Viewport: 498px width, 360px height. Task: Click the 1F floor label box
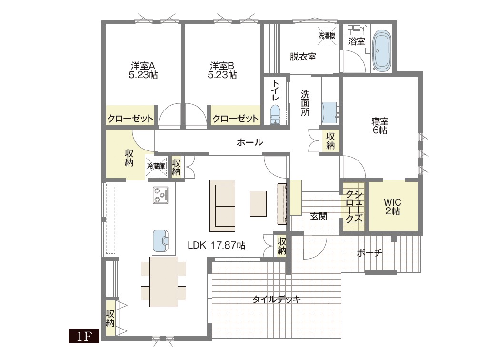point(84,336)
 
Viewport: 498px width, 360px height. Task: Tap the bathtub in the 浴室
point(382,51)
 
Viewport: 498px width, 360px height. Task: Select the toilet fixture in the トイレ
point(275,115)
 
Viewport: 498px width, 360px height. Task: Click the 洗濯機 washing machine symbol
point(327,36)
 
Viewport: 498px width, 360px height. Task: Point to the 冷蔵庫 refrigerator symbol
point(156,166)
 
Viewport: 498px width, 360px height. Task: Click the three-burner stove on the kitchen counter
point(160,195)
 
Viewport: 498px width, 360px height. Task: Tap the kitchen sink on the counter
point(160,240)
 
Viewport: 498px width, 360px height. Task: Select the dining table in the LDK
point(164,282)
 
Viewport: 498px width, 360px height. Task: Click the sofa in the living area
point(222,206)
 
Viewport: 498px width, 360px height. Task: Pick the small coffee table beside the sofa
point(258,204)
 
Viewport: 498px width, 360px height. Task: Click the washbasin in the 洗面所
point(330,113)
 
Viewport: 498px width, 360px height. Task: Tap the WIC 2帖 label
point(393,207)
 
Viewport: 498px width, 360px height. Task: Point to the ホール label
point(249,142)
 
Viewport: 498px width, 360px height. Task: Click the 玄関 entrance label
point(319,217)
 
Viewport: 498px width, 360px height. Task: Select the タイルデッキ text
point(276,300)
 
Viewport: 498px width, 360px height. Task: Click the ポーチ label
point(369,253)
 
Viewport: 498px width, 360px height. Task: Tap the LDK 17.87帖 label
point(216,245)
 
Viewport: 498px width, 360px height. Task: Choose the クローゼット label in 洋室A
point(130,119)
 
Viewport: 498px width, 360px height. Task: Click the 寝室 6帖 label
point(380,126)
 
